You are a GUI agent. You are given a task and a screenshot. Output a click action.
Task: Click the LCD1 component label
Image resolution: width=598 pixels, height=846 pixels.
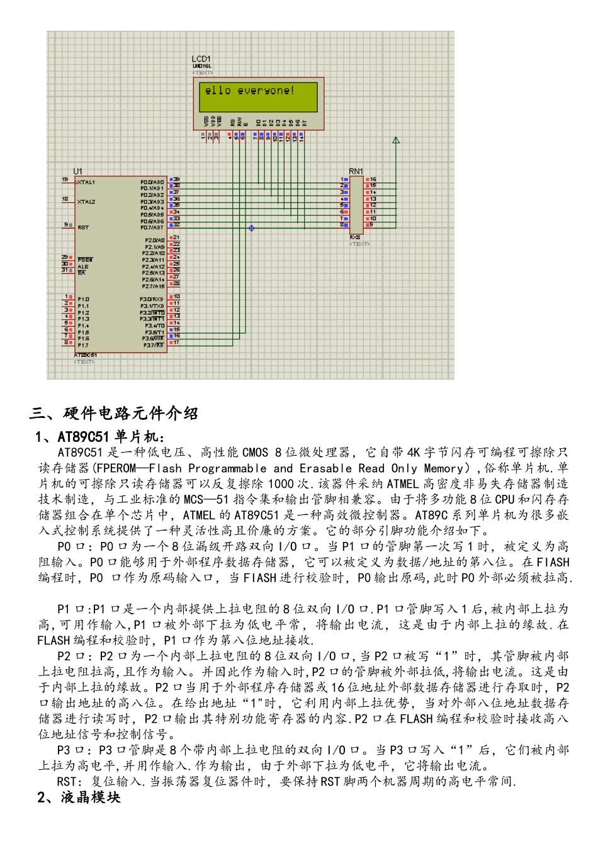201,59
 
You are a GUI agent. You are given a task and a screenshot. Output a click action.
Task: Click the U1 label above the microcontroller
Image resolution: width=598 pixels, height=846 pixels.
77,171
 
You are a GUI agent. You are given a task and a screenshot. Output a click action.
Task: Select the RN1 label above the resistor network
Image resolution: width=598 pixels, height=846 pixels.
356,171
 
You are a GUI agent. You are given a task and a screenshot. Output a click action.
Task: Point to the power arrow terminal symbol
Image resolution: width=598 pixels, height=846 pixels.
396,140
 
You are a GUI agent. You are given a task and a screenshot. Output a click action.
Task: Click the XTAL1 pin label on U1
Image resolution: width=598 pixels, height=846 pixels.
86,183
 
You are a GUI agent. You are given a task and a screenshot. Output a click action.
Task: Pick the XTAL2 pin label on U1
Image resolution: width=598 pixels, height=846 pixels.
86,202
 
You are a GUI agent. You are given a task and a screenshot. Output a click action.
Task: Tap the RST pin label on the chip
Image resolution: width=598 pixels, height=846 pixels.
83,227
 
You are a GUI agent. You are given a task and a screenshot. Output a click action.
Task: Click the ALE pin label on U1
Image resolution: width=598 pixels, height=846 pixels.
82,266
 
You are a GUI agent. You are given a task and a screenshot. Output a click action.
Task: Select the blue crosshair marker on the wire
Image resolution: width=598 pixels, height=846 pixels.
252,228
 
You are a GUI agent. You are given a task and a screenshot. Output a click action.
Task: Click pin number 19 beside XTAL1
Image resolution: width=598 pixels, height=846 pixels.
65,180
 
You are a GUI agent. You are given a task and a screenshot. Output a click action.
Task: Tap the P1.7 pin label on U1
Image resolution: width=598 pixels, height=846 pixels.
83,345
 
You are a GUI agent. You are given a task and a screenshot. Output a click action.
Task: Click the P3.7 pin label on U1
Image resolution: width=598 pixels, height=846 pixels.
153,345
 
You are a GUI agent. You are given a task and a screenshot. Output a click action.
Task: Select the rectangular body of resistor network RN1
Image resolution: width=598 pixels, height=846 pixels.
356,205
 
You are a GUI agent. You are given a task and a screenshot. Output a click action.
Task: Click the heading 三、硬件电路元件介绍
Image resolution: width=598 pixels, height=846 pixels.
114,414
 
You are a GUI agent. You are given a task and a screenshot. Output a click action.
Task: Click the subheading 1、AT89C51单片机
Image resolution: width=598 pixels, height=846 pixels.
101,437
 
